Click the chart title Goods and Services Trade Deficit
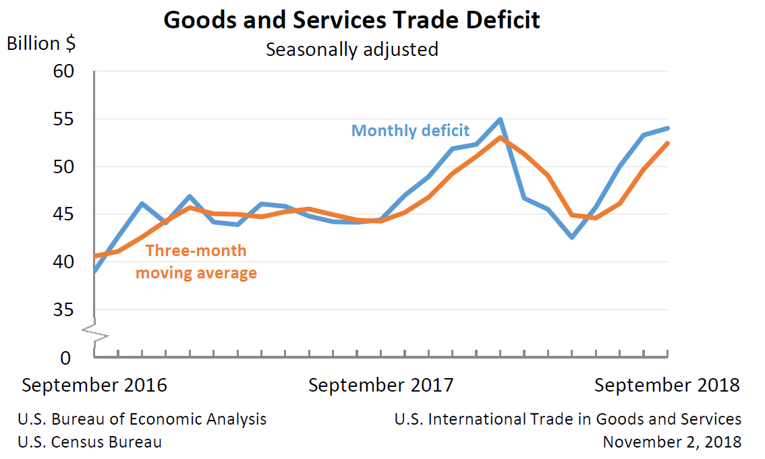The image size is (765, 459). (351, 20)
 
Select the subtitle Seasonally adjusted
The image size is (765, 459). (351, 50)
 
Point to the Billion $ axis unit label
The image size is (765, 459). (41, 44)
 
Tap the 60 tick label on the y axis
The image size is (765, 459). (64, 71)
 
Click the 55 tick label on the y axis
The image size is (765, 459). (64, 119)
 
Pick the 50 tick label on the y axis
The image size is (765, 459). (64, 167)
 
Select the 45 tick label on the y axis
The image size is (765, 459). (64, 214)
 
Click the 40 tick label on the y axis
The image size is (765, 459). (64, 262)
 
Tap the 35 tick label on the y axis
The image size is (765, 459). (64, 310)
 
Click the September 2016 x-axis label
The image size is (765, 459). (94, 386)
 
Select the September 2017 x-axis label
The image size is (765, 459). (381, 386)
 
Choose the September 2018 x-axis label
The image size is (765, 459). (667, 386)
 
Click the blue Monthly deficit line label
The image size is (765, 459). (410, 131)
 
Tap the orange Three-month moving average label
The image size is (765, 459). (196, 262)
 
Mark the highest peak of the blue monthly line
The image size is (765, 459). (500, 120)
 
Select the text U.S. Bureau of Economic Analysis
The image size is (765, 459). (142, 419)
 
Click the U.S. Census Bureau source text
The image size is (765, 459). (90, 442)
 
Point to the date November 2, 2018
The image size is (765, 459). (672, 442)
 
